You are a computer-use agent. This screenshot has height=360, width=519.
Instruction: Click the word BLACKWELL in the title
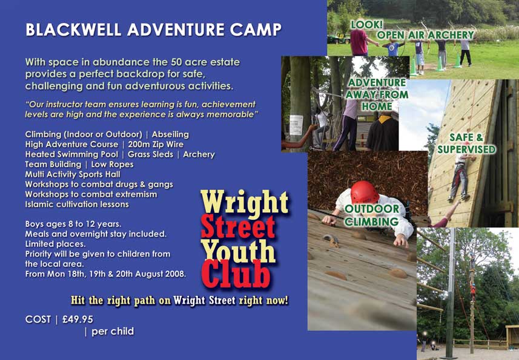(x=73, y=30)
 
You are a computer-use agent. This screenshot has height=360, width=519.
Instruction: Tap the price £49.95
(x=78, y=319)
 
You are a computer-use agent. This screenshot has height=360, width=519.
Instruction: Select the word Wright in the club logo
(x=244, y=202)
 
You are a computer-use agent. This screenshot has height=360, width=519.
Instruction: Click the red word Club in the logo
(x=236, y=273)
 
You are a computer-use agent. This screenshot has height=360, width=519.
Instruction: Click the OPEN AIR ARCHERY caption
(x=426, y=35)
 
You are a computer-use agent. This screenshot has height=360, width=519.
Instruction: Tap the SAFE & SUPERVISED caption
(x=466, y=143)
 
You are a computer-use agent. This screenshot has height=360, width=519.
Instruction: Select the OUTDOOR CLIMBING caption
(x=372, y=215)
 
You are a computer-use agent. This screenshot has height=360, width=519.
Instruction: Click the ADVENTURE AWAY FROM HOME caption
(x=377, y=94)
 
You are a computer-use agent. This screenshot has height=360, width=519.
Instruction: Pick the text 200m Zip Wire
(x=156, y=145)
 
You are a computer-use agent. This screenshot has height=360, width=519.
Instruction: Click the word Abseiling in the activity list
(x=170, y=134)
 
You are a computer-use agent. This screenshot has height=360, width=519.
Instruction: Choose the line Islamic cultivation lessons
(x=77, y=205)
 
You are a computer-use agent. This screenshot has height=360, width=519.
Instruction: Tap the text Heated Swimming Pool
(x=71, y=154)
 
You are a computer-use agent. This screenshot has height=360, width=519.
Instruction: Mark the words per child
(x=113, y=331)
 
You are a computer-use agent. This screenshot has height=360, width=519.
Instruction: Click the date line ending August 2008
(x=105, y=274)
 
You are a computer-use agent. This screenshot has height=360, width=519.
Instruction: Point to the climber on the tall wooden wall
(x=460, y=177)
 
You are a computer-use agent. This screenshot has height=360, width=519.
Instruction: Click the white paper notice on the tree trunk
(x=296, y=125)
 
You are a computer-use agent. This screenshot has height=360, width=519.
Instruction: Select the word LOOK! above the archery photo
(x=367, y=24)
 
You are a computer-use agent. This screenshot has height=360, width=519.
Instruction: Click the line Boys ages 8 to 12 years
(x=73, y=224)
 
